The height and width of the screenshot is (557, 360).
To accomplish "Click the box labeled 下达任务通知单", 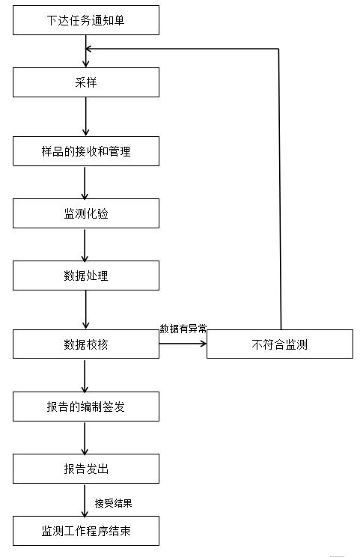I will [x=86, y=20].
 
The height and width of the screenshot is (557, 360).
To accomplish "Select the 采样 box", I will [x=86, y=82].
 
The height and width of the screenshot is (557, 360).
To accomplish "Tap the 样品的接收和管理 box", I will [x=86, y=151].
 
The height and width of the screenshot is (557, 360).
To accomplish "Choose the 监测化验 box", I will [x=86, y=213].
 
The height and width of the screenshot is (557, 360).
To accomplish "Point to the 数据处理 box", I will [x=86, y=276].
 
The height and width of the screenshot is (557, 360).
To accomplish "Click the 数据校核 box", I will [x=86, y=344].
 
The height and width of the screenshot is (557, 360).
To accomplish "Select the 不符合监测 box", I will [x=280, y=344].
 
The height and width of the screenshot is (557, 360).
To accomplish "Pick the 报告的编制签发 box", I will [x=86, y=407].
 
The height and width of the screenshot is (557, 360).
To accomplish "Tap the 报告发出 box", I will [x=86, y=469].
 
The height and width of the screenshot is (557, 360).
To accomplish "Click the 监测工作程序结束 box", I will [x=86, y=531].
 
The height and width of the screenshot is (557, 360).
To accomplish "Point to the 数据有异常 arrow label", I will [x=183, y=329].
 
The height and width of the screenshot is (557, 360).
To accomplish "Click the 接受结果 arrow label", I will [x=114, y=502].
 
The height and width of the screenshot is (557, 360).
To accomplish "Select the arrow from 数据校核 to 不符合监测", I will [x=183, y=344].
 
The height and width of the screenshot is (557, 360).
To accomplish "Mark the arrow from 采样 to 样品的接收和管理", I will [x=86, y=116].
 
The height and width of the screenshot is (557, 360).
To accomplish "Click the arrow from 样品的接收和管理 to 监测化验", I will [x=85, y=182].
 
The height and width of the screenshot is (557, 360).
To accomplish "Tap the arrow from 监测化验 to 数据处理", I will [x=85, y=244].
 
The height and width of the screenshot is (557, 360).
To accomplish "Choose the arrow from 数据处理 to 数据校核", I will [x=86, y=309].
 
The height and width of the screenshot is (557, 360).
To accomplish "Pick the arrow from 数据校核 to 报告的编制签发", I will [x=85, y=375].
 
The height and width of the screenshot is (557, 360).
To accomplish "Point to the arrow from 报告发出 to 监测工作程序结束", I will [x=86, y=499].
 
